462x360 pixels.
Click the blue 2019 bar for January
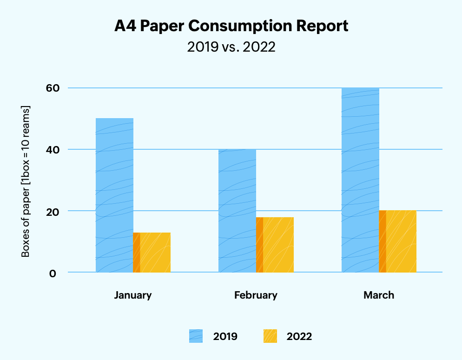114,195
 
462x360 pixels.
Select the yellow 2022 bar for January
152,253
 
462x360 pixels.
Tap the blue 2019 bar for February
237,211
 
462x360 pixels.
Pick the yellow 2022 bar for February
275,245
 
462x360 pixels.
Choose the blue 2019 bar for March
360,180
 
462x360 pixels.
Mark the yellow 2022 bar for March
398,241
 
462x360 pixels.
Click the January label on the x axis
133,295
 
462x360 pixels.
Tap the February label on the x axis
256,295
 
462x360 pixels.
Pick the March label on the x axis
379,295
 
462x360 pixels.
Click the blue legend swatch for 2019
196,336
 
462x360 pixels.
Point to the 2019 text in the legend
225,336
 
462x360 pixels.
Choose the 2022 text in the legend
299,336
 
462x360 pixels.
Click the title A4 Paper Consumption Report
231,27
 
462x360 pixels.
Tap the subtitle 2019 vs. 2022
231,47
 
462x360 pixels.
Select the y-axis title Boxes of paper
26,181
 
